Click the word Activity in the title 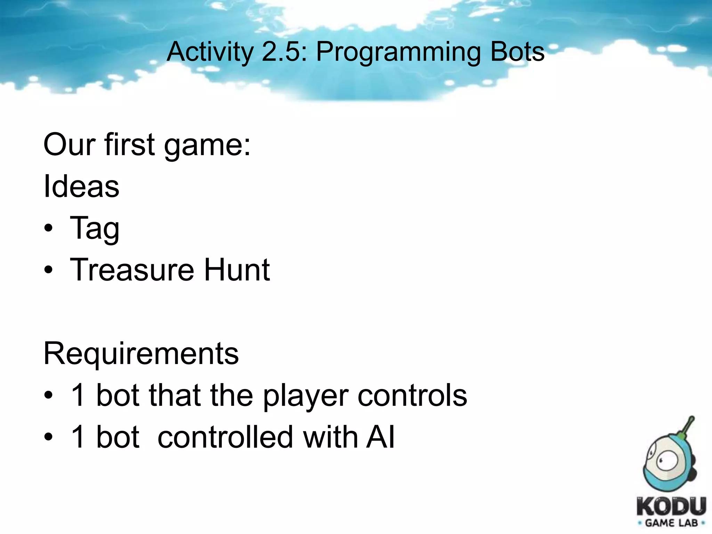(210, 52)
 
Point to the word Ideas (81, 186)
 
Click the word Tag (95, 229)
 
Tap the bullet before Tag (49, 229)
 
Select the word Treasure (132, 270)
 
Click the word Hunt (237, 270)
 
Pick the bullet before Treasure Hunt (49, 270)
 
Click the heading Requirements (141, 354)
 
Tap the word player (306, 396)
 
